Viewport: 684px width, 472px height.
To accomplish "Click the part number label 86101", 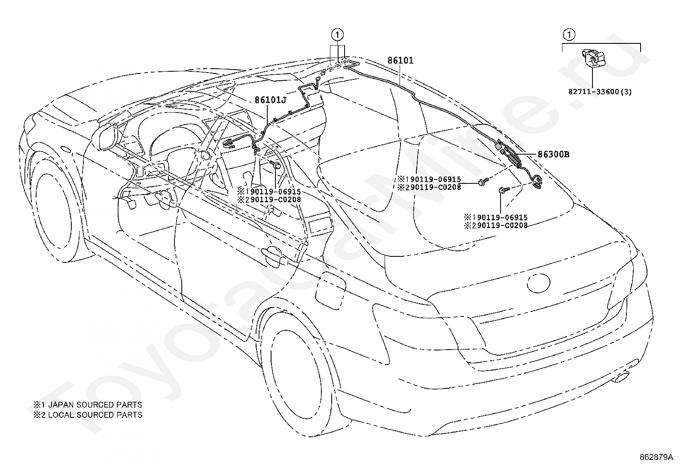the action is [400, 61].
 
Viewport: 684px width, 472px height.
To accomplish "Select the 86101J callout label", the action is [271, 100].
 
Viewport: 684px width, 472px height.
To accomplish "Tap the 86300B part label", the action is [553, 155].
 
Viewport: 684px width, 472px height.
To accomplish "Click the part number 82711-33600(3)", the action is [600, 91].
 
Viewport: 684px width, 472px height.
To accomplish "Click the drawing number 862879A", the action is [656, 457].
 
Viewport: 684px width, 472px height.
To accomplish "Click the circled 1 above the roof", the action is [337, 35].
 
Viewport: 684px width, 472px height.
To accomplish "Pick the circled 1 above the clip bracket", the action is [569, 35].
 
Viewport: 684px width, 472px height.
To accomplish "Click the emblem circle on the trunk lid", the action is [538, 283].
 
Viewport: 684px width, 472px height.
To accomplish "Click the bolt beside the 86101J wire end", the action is [275, 164].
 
